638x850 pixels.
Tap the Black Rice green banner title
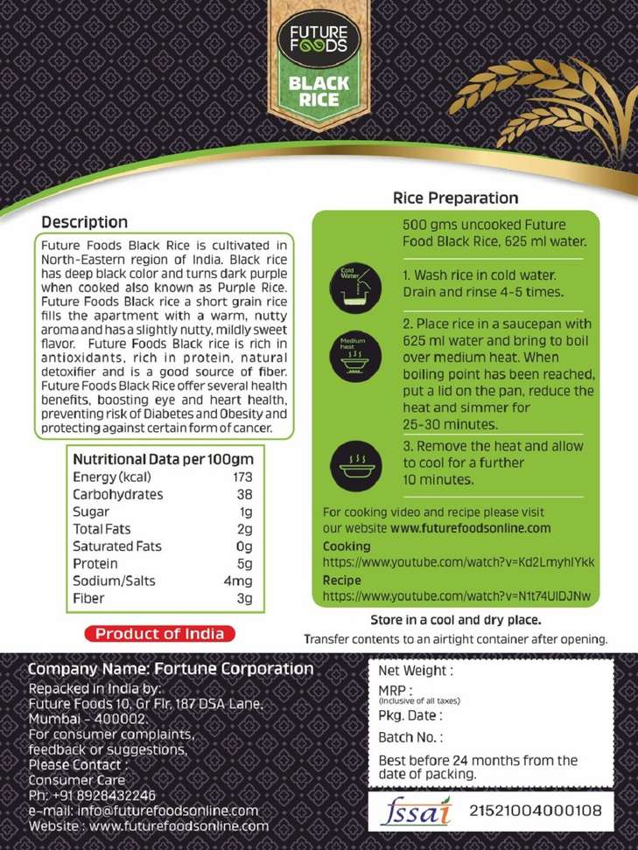319,92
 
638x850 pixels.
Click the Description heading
85,222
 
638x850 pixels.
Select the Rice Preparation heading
455,199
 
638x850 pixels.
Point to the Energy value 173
242,477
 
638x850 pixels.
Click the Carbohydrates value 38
244,494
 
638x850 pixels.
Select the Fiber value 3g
244,598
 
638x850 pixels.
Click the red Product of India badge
159,634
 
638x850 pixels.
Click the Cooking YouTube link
458,562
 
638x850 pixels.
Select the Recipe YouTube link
456,596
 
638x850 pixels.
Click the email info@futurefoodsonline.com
144,811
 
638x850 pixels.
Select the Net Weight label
415,671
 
